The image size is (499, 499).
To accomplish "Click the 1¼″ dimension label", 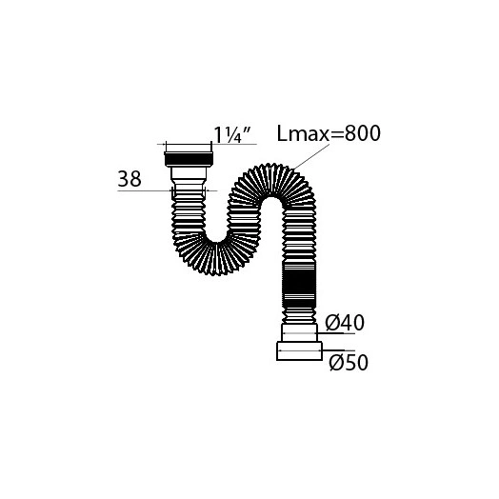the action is pos(232,134).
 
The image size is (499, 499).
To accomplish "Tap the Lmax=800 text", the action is pos(329,133).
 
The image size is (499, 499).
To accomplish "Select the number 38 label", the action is pos(130,179).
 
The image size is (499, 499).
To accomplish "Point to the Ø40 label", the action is pos(345,323).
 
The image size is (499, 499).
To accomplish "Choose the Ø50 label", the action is pos(349,363).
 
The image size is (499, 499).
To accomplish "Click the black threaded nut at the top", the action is pos(189,159).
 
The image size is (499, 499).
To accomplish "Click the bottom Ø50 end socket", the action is pos(299,351).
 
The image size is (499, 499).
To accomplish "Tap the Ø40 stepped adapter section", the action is pos(299,333).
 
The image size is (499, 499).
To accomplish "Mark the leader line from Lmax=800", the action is pos(310,156).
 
